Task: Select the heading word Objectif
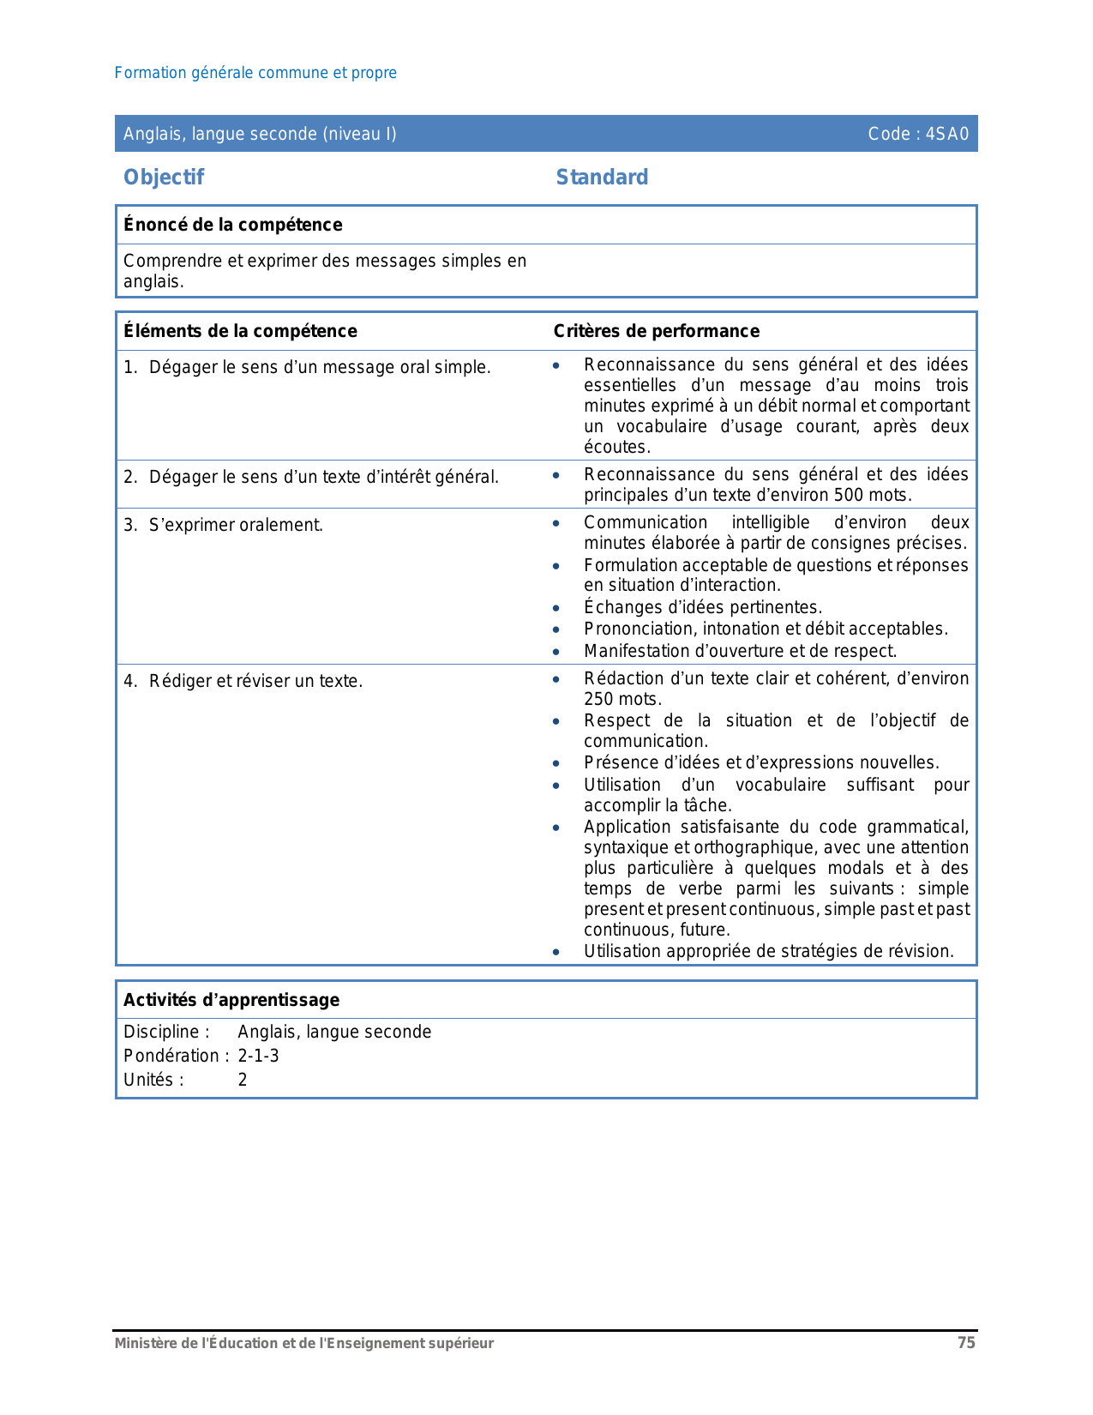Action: tap(164, 178)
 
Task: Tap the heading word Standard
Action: tap(602, 178)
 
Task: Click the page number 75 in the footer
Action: tap(966, 1343)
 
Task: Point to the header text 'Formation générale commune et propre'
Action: tap(255, 73)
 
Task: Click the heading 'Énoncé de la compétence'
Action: tap(232, 225)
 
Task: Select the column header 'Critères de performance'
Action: tap(657, 331)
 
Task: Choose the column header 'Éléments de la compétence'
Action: tap(240, 331)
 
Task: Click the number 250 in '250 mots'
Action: tap(598, 699)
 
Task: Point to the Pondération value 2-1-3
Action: tap(258, 1056)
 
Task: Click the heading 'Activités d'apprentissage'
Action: tap(231, 1000)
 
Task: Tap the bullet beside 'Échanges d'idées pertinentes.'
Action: tap(556, 608)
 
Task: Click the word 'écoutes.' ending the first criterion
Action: tap(617, 447)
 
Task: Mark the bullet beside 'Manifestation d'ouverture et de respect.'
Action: tap(556, 652)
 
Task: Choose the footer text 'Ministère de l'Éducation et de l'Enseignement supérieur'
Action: tap(304, 1343)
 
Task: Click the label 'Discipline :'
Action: tap(166, 1032)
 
